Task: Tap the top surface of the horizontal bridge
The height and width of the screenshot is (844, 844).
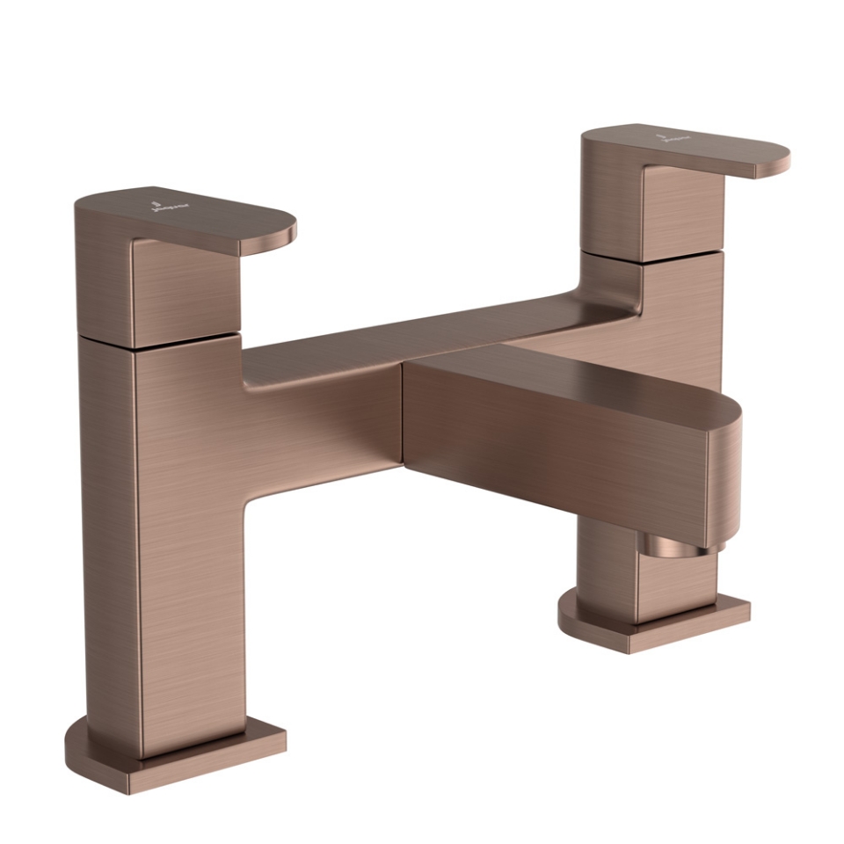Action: [x=422, y=338]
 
